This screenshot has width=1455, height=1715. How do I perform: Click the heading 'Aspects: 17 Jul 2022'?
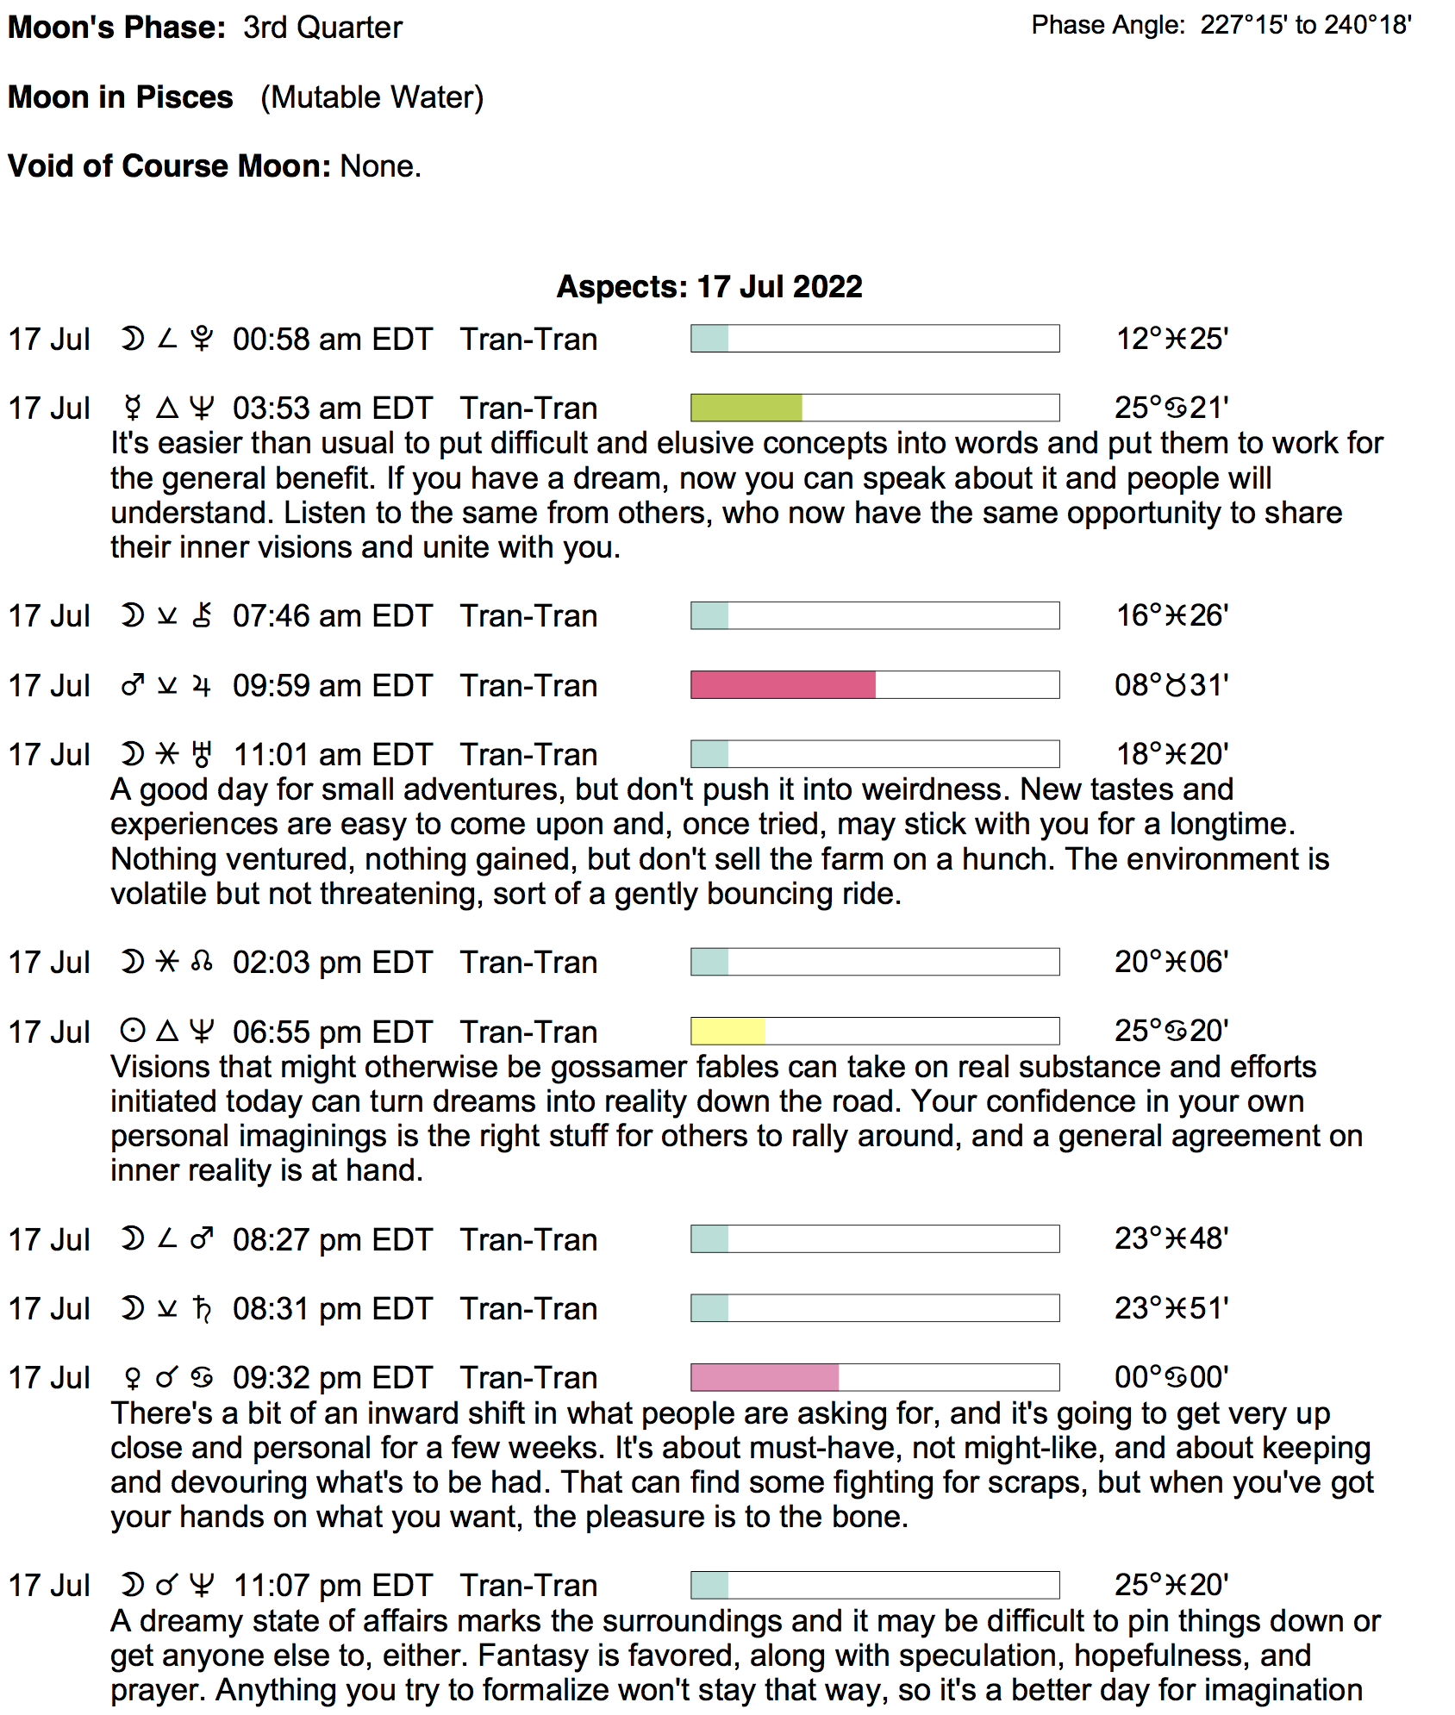click(709, 286)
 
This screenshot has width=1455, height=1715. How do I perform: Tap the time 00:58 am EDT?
click(332, 339)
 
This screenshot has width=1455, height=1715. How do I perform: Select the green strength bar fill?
click(746, 408)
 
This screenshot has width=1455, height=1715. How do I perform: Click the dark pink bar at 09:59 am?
click(783, 685)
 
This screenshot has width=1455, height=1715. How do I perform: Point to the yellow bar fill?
click(727, 1031)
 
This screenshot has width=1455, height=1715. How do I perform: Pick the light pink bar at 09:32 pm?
click(765, 1377)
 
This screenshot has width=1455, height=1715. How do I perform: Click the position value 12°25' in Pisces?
click(1171, 339)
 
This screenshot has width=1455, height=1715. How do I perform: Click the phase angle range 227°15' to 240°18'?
click(1305, 25)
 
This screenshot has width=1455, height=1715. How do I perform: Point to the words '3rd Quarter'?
click(322, 28)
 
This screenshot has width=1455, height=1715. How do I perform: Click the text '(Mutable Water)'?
click(372, 97)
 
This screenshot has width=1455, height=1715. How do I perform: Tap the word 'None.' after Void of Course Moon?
click(381, 165)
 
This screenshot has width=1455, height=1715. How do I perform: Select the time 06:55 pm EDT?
click(332, 1032)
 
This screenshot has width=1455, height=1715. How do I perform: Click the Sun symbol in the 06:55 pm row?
click(132, 1031)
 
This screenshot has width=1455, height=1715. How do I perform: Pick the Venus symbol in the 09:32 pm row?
click(132, 1378)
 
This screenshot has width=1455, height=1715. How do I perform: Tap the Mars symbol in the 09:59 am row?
click(132, 685)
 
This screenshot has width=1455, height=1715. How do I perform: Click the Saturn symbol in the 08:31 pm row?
click(203, 1308)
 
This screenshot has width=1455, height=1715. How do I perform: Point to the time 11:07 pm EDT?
click(332, 1585)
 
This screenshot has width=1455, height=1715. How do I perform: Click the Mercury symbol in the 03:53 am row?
click(132, 408)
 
